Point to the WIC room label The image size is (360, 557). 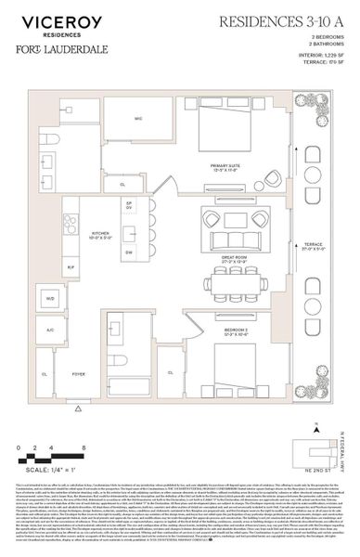[138, 120]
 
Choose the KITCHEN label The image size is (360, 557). [101, 236]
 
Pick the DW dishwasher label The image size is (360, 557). [129, 253]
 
